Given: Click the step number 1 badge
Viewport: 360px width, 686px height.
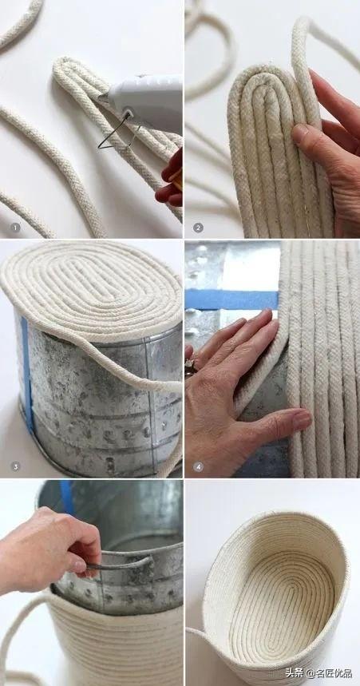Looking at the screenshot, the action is click(x=15, y=228).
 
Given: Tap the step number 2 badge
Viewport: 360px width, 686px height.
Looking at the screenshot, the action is click(x=198, y=228).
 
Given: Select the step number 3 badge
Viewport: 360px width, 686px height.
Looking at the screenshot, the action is click(x=15, y=466).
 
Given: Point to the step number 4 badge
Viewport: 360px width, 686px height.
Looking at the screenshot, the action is click(x=198, y=466).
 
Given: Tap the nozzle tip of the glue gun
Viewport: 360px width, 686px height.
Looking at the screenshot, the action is click(x=101, y=98).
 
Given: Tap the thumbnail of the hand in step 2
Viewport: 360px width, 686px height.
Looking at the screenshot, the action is click(x=299, y=134).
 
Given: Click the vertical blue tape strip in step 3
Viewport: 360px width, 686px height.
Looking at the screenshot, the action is click(x=27, y=372).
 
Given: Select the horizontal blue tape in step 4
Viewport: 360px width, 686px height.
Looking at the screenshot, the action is click(x=231, y=299).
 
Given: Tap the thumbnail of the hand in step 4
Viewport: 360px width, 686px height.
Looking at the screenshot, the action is click(x=303, y=420).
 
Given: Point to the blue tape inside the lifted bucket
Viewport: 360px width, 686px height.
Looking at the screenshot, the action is click(x=67, y=498).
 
